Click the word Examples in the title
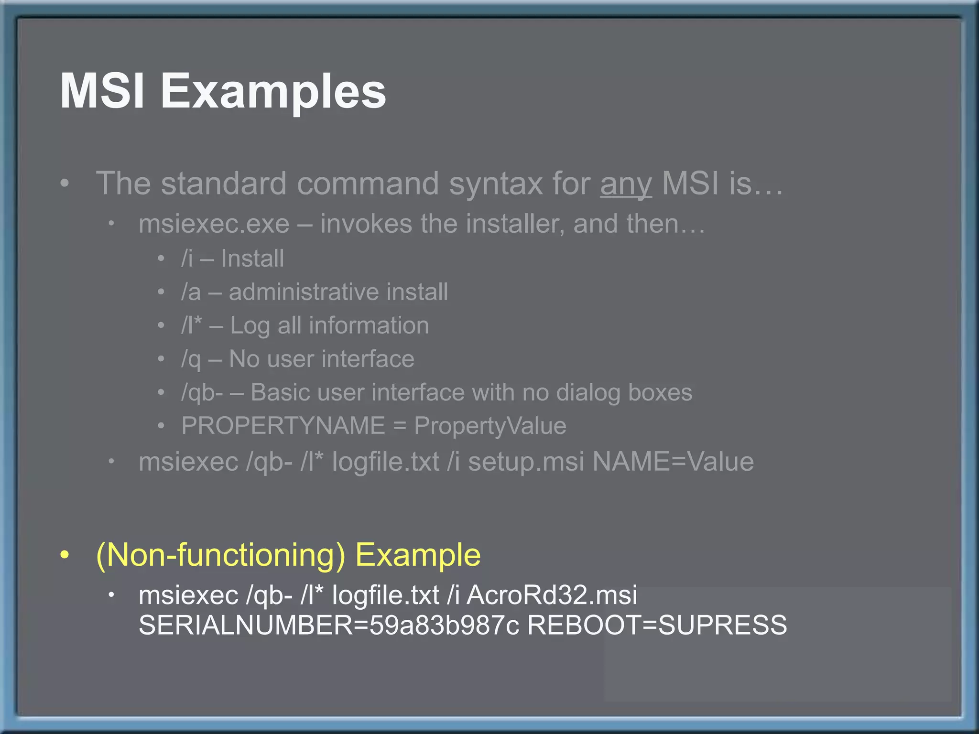[x=273, y=92]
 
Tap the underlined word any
[x=626, y=184]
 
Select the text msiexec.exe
[x=214, y=224]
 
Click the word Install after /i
[x=252, y=259]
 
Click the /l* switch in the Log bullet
[x=191, y=325]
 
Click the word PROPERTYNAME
[x=283, y=426]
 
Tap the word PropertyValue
[x=490, y=426]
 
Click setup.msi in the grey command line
[x=526, y=462]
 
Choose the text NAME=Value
[x=673, y=462]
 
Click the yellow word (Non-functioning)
[x=220, y=555]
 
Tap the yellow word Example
[x=418, y=555]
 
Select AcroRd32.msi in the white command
[x=552, y=595]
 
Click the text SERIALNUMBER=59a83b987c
[x=328, y=625]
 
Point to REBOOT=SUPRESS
[x=657, y=625]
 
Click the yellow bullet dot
[x=65, y=555]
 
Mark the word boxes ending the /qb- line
[x=660, y=393]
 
